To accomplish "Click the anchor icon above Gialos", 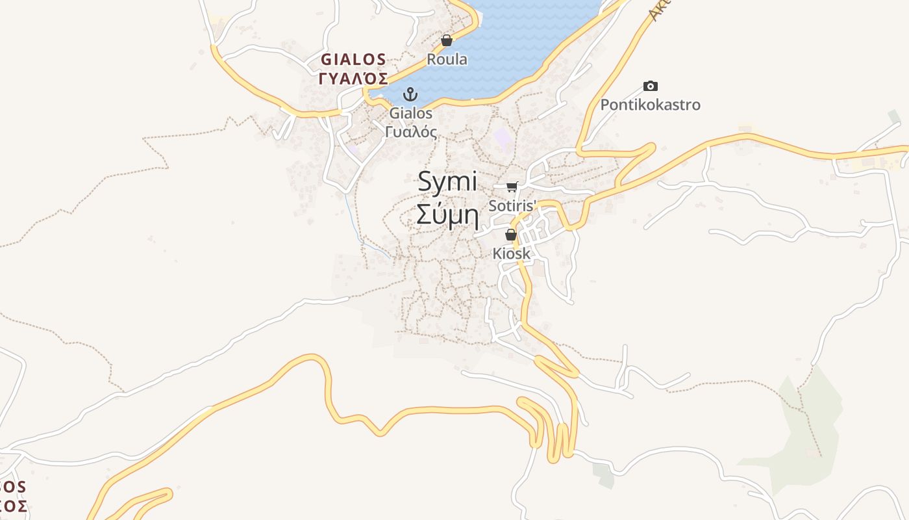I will pyautogui.click(x=410, y=94).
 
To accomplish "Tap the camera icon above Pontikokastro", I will pyautogui.click(x=650, y=86).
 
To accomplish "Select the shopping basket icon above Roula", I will pyautogui.click(x=447, y=40).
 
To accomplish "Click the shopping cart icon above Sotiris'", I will pyautogui.click(x=512, y=187).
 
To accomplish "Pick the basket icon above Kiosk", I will pyautogui.click(x=511, y=235).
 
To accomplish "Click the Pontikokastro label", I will pyautogui.click(x=650, y=105).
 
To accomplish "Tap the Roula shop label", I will pyautogui.click(x=447, y=59).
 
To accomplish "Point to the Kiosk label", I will pyautogui.click(x=511, y=253).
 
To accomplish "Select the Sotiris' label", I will pyautogui.click(x=513, y=205).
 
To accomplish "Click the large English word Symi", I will pyautogui.click(x=447, y=181).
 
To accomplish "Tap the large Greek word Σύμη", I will pyautogui.click(x=447, y=214).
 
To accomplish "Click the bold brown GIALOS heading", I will pyautogui.click(x=353, y=60).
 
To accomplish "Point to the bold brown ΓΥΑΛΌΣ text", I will pyautogui.click(x=353, y=79).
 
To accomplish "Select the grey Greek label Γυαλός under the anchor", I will pyautogui.click(x=410, y=131).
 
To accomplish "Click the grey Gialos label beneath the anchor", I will pyautogui.click(x=410, y=113).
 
